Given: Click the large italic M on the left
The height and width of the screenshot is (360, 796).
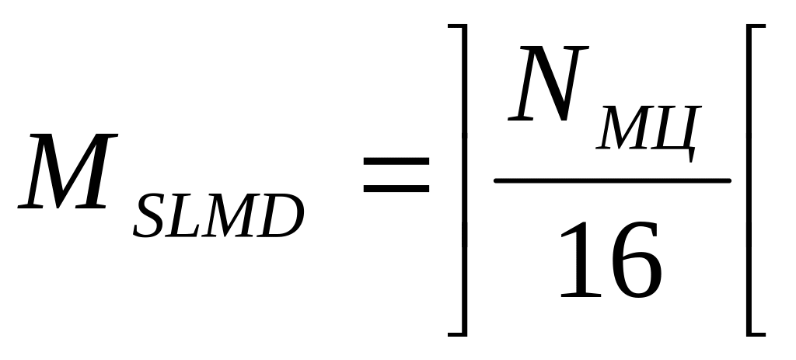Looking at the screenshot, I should point(68,173).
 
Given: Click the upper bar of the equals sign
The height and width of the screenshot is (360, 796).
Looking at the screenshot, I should point(396,161).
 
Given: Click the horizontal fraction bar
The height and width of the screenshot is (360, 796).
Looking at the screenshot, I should point(613,180).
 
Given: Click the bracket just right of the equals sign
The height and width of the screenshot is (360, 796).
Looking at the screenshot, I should point(464,180).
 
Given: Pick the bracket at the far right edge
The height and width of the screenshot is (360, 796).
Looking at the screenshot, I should point(751,180).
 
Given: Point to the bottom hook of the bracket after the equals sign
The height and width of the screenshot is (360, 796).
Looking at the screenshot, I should point(457,334).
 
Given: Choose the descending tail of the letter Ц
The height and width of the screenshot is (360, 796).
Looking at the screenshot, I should point(690,157).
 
